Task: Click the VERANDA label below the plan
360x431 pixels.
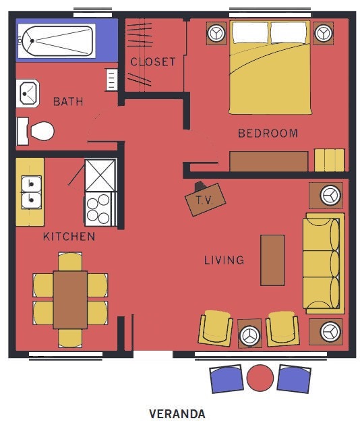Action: click(x=177, y=413)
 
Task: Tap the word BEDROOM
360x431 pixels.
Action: click(x=268, y=134)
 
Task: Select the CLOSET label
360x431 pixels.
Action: click(x=153, y=62)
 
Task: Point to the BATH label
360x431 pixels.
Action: click(x=68, y=102)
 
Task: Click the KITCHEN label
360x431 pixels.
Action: click(x=69, y=237)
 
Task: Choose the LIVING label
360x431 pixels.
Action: click(x=224, y=260)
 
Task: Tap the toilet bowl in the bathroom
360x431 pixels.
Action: click(x=42, y=131)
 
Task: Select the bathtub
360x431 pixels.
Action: click(x=57, y=41)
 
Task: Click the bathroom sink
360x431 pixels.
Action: click(x=28, y=94)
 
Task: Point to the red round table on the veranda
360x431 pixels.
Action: click(x=260, y=378)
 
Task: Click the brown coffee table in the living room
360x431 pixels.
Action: click(x=272, y=260)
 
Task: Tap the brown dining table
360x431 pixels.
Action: click(x=70, y=300)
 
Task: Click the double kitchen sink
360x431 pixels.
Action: click(x=32, y=192)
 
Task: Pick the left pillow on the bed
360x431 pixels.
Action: click(x=250, y=32)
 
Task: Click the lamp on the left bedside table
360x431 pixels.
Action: click(x=217, y=33)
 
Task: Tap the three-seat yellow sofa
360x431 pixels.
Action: click(x=324, y=263)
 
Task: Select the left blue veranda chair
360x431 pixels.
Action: click(x=227, y=379)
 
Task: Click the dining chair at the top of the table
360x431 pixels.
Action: click(x=70, y=262)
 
